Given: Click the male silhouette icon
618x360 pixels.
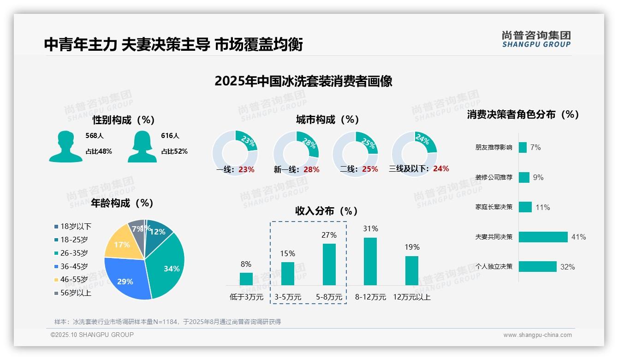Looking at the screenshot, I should [65, 146].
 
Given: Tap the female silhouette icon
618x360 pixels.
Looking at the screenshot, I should [142, 146].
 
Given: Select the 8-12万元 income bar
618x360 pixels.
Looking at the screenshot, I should [370, 261].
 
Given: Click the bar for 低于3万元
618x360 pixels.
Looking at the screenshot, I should [246, 279].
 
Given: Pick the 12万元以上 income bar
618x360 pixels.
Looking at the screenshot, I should [412, 270].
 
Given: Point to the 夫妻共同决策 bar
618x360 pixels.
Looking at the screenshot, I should [543, 237].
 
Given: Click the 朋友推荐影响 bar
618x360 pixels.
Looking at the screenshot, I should [523, 147].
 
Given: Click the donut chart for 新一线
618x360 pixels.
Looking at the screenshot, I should [296, 153].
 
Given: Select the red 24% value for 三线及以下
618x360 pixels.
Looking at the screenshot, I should [441, 168].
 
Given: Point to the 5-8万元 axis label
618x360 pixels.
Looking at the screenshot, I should [329, 297].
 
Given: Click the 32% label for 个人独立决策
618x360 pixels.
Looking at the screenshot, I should [567, 267].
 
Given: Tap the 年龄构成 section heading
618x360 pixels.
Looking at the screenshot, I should [122, 203].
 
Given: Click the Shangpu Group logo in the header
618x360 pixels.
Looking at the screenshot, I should [536, 39].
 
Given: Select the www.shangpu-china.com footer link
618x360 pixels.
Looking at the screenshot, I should [537, 335].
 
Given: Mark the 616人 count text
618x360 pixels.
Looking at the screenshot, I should [170, 136].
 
